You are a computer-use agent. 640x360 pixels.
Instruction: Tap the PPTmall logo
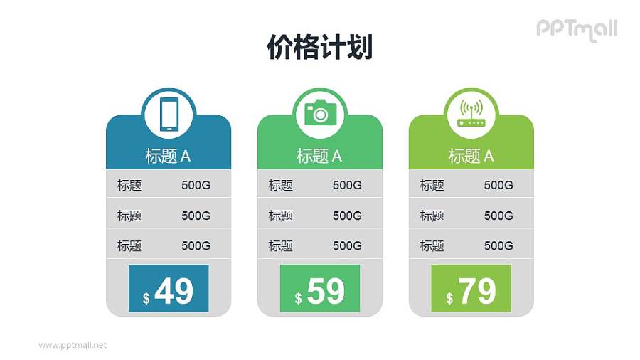576,29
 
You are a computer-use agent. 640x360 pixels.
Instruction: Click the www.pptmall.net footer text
73,345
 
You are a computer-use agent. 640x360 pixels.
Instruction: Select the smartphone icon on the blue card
169,114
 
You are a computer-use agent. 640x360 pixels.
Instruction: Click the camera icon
320,113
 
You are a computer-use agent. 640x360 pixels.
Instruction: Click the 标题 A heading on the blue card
168,157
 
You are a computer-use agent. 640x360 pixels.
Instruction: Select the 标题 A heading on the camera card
319,157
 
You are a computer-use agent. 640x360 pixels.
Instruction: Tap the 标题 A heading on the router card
471,157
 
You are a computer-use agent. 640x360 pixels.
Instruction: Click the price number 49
174,291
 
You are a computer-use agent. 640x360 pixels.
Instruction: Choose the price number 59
325,291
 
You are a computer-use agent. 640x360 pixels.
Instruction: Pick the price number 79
476,291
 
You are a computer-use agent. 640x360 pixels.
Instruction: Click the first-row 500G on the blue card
196,186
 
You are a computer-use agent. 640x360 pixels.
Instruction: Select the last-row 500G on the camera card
347,246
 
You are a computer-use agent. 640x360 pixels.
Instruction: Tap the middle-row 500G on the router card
498,216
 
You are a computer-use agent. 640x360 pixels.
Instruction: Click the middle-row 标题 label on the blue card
129,216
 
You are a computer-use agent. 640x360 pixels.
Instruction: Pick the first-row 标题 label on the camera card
281,186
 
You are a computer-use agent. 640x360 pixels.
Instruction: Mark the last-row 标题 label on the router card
432,246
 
